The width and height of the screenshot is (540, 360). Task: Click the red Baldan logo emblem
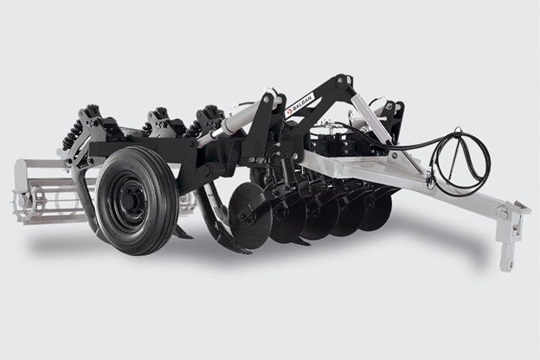(288, 112)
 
